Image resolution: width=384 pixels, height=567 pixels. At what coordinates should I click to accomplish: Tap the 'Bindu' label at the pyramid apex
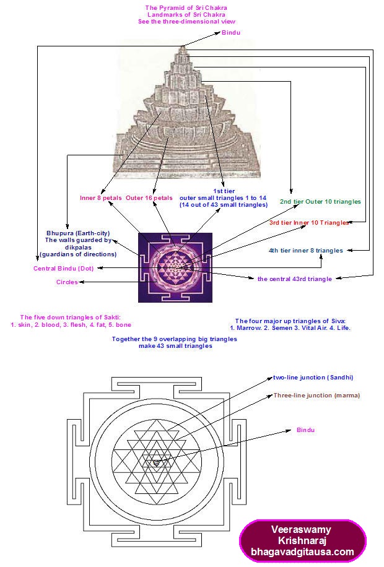click(x=230, y=32)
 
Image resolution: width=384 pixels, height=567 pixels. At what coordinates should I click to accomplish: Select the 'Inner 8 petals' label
click(x=101, y=198)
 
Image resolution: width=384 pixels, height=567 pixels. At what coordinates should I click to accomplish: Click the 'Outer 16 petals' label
click(x=149, y=198)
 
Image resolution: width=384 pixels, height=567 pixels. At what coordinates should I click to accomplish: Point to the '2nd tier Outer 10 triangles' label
click(x=320, y=202)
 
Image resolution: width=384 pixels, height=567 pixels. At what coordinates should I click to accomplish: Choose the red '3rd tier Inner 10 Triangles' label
click(x=309, y=223)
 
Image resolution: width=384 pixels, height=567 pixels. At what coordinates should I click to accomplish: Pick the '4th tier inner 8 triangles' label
click(x=305, y=251)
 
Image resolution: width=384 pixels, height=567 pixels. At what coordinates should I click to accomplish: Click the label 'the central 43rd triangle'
click(x=294, y=279)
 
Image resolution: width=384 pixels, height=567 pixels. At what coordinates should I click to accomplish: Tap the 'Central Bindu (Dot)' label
click(x=63, y=268)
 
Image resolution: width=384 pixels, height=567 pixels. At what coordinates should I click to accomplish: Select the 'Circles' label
click(x=67, y=282)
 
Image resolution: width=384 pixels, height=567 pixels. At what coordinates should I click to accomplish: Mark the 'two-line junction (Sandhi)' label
click(x=313, y=377)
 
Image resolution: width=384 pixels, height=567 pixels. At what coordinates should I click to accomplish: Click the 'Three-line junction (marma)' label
click(x=316, y=394)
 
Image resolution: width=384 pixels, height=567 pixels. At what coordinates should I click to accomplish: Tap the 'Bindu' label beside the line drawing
click(x=306, y=429)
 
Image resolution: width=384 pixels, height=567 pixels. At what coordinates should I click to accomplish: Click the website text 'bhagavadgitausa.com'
click(x=302, y=552)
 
